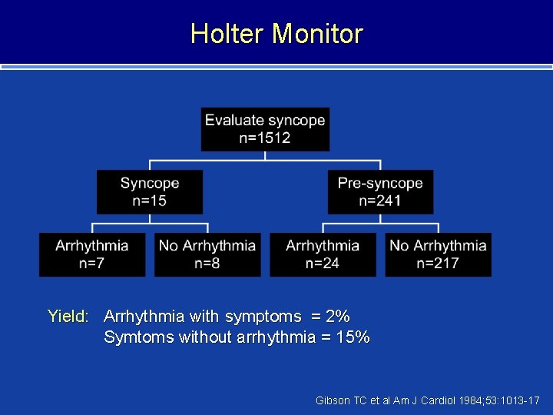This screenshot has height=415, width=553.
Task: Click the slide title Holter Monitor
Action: (276, 34)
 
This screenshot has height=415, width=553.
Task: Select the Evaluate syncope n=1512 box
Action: (265, 129)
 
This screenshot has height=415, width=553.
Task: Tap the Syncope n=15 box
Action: (150, 192)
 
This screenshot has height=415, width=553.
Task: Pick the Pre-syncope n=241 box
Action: (380, 192)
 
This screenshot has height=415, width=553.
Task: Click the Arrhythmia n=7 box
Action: (92, 254)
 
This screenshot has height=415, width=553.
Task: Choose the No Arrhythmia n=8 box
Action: (207, 254)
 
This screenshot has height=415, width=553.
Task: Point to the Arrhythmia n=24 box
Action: (323, 254)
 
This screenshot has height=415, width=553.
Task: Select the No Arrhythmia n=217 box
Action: (438, 254)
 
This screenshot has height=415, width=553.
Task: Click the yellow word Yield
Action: (68, 316)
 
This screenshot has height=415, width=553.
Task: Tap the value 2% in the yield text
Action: (337, 316)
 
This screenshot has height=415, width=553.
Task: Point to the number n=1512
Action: (265, 138)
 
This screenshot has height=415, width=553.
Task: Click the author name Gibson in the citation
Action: (333, 401)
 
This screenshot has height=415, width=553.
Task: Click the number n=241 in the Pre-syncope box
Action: (380, 201)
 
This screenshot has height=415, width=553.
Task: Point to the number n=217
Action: (438, 264)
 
